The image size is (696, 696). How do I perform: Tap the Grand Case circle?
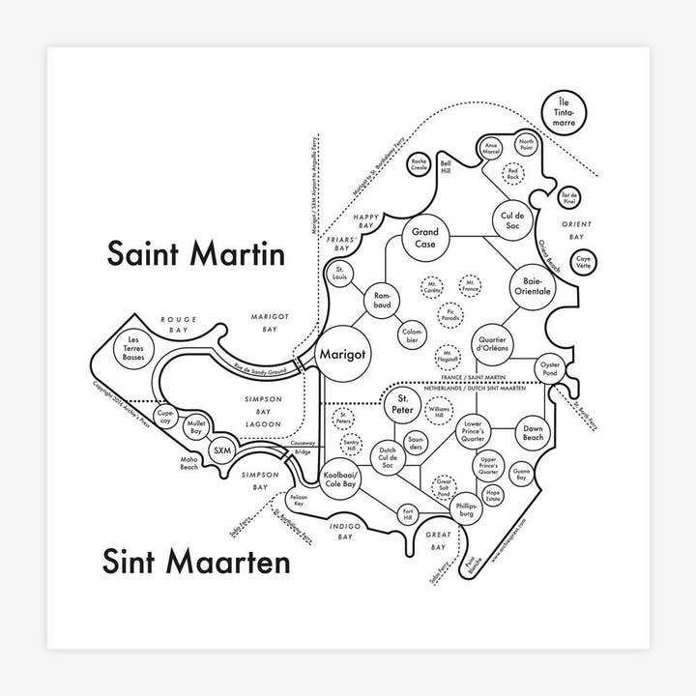pos(425,238)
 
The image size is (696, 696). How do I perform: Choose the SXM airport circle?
pos(223,450)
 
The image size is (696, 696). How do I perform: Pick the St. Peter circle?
pos(406,406)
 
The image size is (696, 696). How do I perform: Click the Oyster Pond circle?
pos(550,367)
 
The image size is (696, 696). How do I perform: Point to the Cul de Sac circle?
pos(511,218)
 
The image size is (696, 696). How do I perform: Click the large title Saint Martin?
pos(195,254)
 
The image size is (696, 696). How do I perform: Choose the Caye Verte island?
pos(584,261)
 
